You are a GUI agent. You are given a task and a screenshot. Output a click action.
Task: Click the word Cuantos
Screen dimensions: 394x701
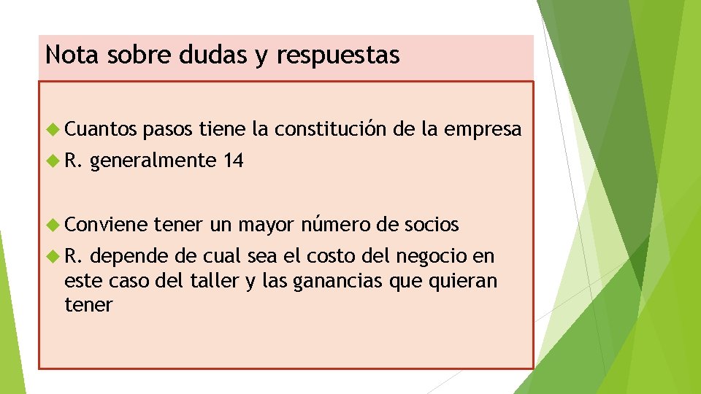pyautogui.click(x=100, y=130)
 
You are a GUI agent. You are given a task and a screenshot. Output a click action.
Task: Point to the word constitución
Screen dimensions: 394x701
pyautogui.click(x=329, y=130)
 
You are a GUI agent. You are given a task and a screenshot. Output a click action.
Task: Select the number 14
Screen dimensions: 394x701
pyautogui.click(x=234, y=161)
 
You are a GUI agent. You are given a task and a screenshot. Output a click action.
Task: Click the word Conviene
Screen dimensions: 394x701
pyautogui.click(x=105, y=225)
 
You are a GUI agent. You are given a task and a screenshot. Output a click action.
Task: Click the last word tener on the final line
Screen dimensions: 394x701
pyautogui.click(x=88, y=305)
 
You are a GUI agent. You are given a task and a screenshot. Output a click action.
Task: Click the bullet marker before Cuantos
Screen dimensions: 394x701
pyautogui.click(x=52, y=130)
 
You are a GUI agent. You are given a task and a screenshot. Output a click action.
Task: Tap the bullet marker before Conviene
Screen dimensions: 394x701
pyautogui.click(x=52, y=225)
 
